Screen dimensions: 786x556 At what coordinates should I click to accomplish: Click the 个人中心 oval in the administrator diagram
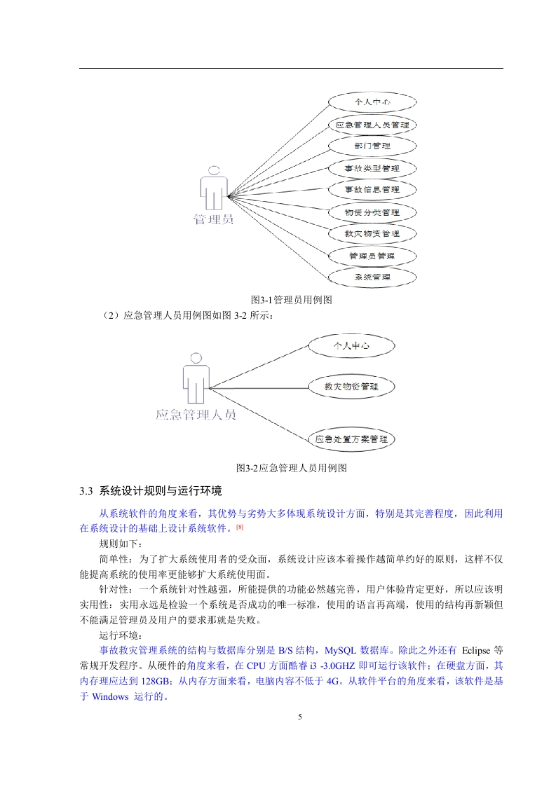372,102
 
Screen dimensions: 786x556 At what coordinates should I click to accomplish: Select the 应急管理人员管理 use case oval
372,125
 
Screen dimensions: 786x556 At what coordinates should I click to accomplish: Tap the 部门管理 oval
372,146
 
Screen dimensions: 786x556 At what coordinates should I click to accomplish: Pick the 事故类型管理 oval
372,168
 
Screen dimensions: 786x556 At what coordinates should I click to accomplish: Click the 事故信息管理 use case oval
372,189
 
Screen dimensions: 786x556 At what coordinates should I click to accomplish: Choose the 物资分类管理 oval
372,212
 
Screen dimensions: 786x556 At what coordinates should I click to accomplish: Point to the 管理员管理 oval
372,256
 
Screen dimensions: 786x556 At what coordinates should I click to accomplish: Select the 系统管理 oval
372,277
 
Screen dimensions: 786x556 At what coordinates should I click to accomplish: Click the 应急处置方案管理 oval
351,440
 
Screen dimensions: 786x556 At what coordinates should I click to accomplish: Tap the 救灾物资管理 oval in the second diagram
351,386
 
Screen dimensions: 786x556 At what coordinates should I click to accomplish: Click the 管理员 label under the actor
213,220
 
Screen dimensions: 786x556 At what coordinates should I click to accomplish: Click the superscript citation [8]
240,526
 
